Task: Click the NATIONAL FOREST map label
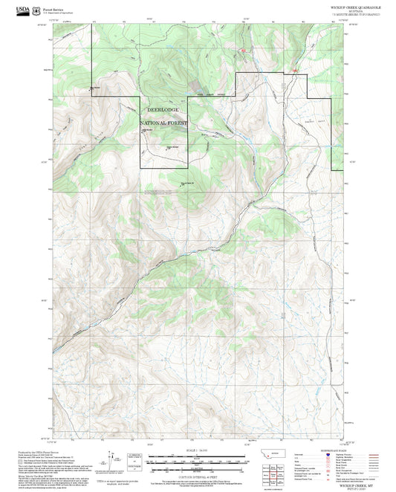(164, 123)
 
